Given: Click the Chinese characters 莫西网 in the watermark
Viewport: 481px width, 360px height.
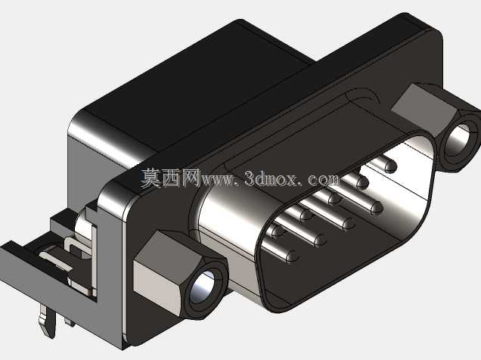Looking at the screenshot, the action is coord(170,178).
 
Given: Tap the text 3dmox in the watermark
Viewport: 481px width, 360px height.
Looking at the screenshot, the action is coord(272,178).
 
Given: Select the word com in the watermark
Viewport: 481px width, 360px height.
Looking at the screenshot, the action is coord(324,179).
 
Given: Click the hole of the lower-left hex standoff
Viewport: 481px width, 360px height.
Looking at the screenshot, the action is coord(201,287).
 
